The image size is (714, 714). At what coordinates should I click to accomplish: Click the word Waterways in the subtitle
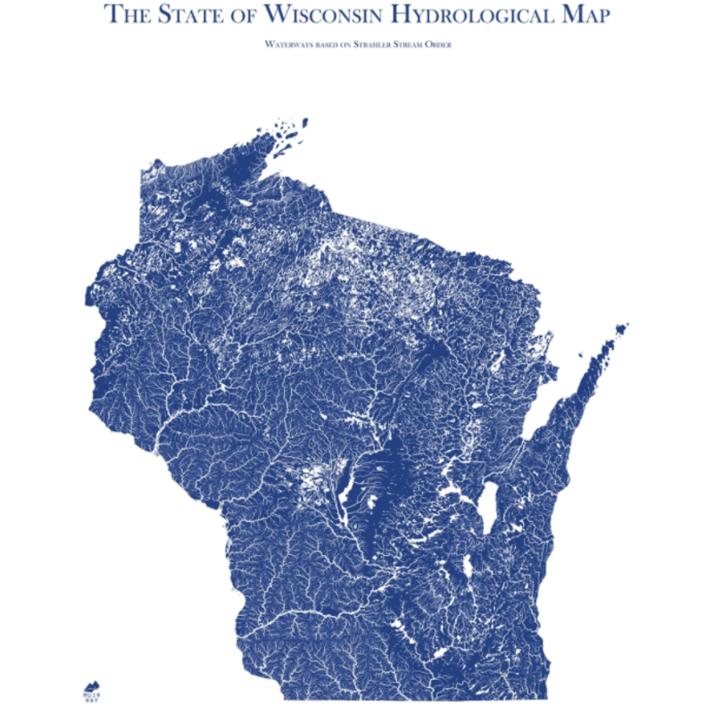[286, 44]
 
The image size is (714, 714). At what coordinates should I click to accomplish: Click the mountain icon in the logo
[92, 685]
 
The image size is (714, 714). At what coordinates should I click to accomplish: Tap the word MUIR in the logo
[92, 694]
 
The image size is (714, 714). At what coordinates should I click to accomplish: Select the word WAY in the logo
[92, 701]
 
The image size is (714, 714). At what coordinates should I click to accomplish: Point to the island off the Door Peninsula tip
[619, 332]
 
